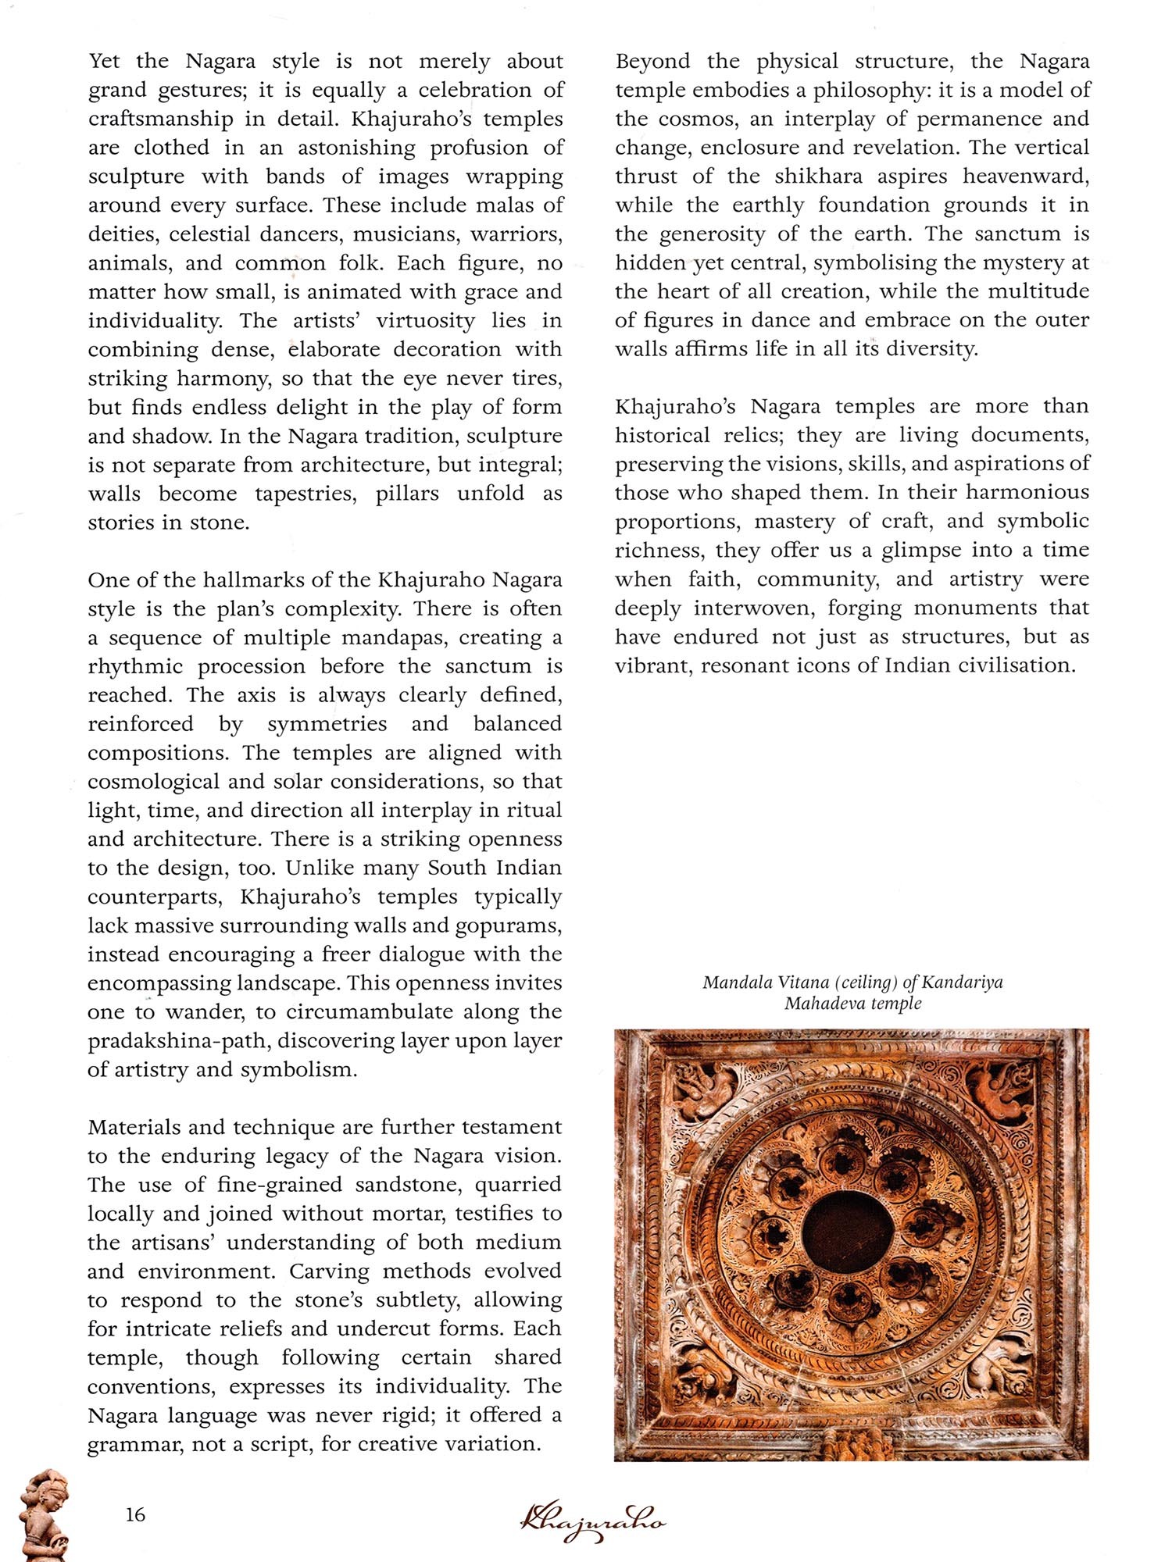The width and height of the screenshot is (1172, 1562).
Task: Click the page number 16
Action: click(x=135, y=1514)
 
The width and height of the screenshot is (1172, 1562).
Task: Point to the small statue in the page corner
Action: click(x=43, y=1515)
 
